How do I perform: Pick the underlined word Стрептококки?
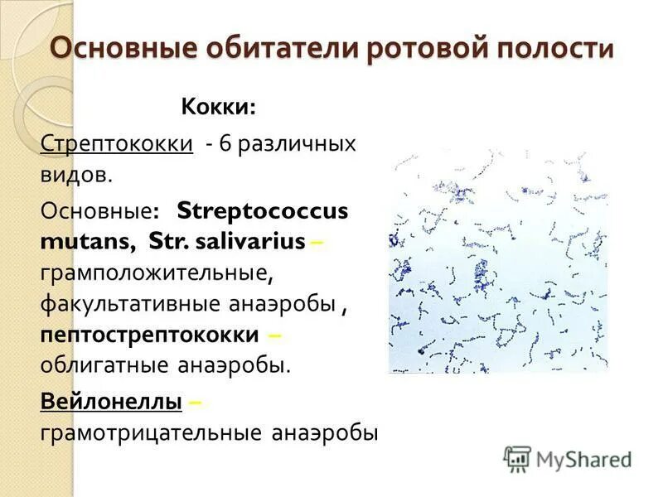click(x=117, y=143)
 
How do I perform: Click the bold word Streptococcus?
click(x=262, y=210)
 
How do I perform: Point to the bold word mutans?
click(x=86, y=241)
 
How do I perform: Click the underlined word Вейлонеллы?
click(x=111, y=402)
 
